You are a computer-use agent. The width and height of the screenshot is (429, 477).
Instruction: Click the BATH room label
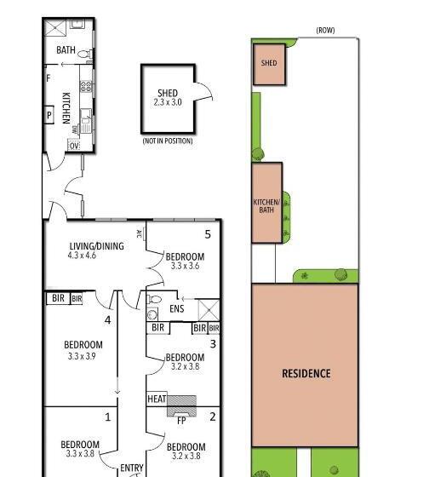(x=66, y=50)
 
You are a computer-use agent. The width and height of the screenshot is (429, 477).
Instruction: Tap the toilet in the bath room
(x=85, y=55)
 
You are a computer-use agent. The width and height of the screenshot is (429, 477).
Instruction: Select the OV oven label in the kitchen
(x=74, y=146)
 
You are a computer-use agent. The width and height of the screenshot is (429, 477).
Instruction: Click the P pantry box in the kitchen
(x=49, y=115)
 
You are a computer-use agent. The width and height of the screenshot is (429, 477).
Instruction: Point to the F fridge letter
(x=48, y=78)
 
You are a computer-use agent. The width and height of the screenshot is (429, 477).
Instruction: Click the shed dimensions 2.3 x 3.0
(x=168, y=102)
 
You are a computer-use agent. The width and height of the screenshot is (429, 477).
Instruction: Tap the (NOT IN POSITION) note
(x=168, y=141)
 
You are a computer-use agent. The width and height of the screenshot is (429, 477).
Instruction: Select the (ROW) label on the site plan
(x=325, y=30)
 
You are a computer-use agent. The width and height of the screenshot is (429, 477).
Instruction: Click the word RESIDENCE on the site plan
(x=306, y=374)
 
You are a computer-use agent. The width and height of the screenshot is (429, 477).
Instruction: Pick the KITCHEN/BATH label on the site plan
(x=266, y=206)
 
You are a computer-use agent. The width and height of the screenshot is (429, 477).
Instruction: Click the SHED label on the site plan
(x=269, y=63)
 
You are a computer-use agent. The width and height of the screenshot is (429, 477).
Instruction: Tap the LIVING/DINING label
(x=97, y=246)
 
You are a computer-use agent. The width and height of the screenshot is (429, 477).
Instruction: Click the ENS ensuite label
(x=177, y=308)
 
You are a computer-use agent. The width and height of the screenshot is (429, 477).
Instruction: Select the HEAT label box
(x=157, y=399)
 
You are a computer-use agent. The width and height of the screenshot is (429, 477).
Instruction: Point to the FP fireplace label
(x=181, y=421)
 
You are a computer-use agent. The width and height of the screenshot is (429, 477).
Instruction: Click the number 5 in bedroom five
(x=208, y=234)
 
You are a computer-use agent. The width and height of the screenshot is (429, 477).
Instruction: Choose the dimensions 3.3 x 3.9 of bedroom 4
(x=82, y=356)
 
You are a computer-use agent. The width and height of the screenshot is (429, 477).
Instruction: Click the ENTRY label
(x=132, y=468)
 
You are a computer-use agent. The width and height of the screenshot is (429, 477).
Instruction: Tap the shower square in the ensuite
(x=209, y=310)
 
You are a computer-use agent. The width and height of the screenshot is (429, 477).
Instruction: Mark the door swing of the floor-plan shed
(x=203, y=91)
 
